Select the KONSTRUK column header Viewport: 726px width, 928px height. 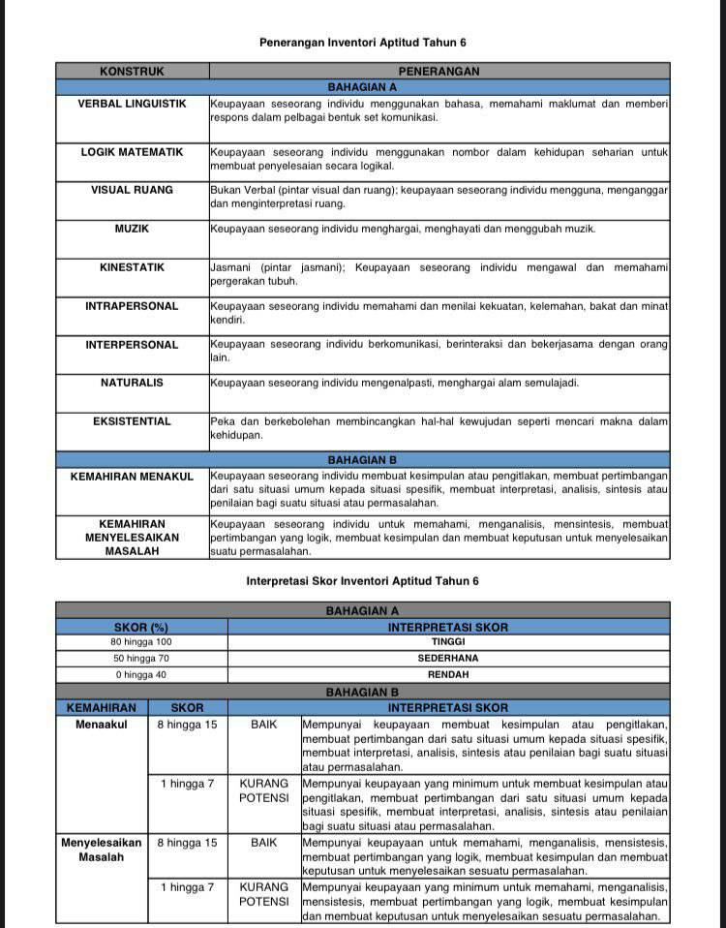(x=132, y=72)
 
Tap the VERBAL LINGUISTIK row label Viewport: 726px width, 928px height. (x=132, y=104)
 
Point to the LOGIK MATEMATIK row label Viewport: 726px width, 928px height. (x=132, y=152)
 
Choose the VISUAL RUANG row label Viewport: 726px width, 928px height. (x=132, y=190)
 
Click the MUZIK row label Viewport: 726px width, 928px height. (x=132, y=229)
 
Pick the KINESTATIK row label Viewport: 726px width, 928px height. (x=132, y=267)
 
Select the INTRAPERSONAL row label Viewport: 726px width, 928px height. (x=132, y=306)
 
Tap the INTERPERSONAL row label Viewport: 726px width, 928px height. (x=132, y=345)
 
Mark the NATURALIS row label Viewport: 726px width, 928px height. (x=132, y=383)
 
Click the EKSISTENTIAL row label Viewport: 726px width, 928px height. (x=132, y=421)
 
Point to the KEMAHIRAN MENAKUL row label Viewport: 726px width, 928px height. (x=132, y=477)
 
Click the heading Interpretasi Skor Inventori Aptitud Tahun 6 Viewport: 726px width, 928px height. (x=362, y=581)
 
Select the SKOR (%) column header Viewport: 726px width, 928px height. (x=141, y=627)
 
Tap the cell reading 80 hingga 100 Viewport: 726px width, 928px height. (x=141, y=642)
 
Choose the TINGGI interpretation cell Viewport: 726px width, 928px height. (x=448, y=642)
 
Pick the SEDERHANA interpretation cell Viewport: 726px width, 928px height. (x=448, y=659)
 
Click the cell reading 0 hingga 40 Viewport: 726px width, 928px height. (x=141, y=675)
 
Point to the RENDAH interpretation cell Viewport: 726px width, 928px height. (x=448, y=675)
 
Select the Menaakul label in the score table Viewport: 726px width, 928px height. (x=102, y=725)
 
